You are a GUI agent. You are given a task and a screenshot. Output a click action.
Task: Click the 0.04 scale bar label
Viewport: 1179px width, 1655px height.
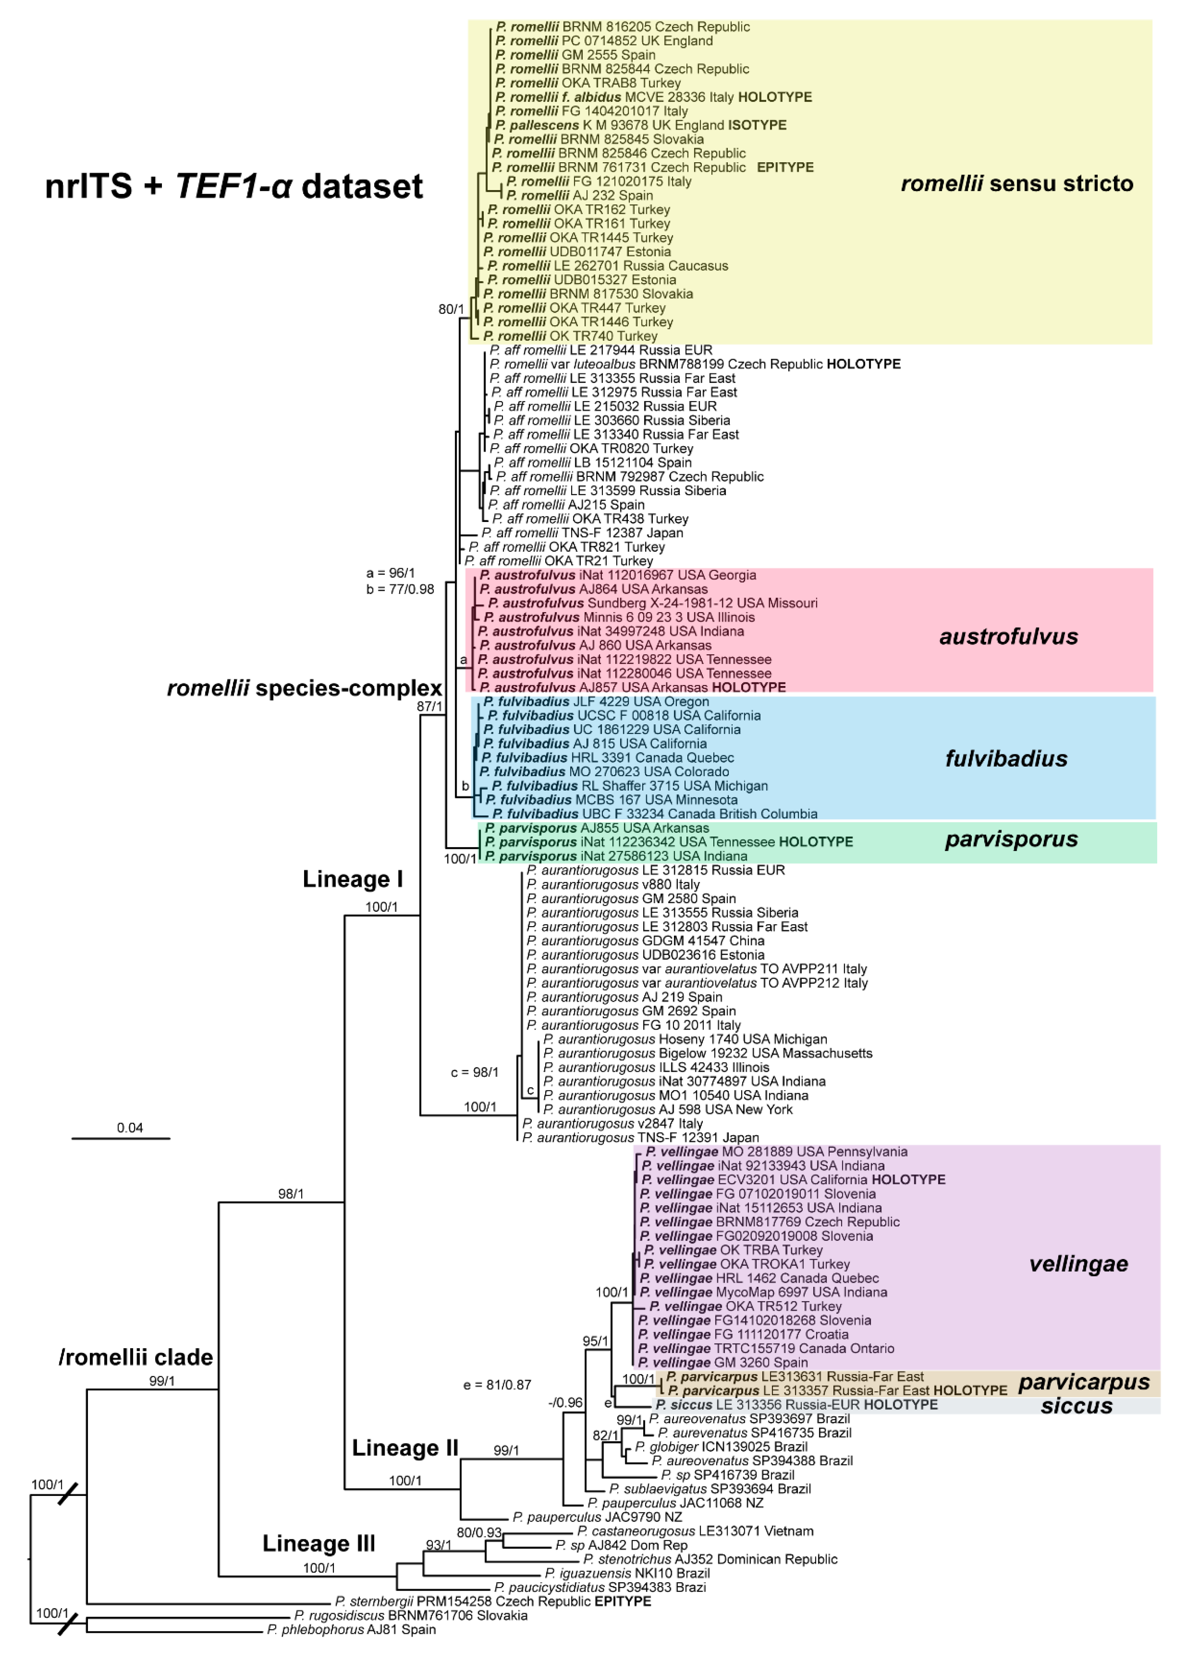130,1127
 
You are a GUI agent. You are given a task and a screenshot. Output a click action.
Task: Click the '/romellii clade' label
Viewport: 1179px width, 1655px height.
136,1357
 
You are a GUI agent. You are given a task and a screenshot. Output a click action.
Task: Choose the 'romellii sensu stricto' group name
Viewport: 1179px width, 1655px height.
1016,184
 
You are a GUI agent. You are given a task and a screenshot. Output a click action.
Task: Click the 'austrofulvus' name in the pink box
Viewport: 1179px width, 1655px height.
1008,637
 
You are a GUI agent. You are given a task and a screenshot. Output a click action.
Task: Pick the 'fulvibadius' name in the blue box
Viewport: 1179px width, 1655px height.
1006,759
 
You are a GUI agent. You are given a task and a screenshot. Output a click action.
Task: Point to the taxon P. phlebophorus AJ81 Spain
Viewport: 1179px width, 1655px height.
351,1630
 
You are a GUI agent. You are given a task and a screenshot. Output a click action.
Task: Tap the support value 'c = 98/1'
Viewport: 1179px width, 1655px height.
475,1072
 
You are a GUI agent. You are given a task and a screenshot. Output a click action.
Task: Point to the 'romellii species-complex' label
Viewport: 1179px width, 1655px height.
304,688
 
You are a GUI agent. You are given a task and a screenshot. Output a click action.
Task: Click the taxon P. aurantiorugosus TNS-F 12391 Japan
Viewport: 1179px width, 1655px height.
640,1138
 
